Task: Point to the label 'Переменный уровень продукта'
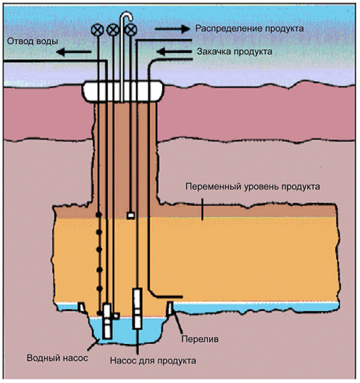tap(252, 188)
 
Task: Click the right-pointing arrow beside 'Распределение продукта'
tap(174, 28)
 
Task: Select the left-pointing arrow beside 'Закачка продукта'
tap(174, 52)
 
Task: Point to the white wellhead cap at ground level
tap(120, 89)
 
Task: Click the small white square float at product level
tap(131, 216)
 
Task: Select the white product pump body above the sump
tap(138, 308)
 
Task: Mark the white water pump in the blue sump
tap(107, 321)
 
